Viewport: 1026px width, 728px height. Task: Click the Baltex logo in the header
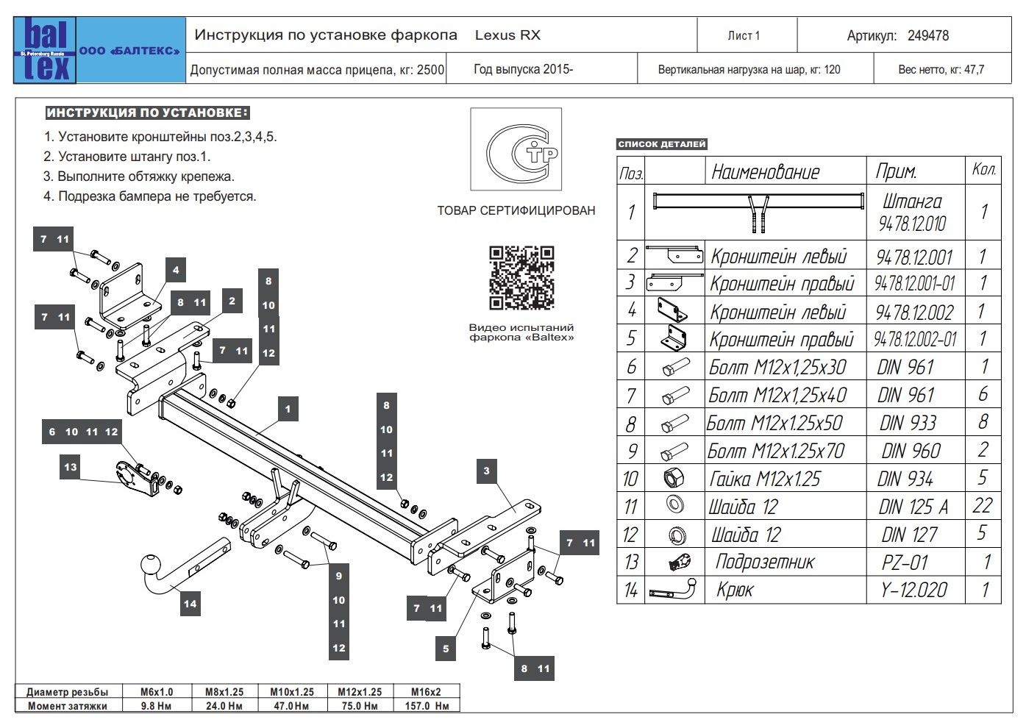pyautogui.click(x=45, y=50)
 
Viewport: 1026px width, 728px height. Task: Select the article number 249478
pyautogui.click(x=928, y=35)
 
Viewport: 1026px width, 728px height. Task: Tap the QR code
pyautogui.click(x=521, y=278)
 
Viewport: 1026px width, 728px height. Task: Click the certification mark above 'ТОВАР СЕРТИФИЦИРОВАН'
pyautogui.click(x=516, y=150)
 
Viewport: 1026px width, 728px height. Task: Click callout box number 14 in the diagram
pyautogui.click(x=190, y=604)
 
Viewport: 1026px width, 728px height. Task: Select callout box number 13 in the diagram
pyautogui.click(x=70, y=467)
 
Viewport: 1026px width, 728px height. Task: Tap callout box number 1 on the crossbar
pyautogui.click(x=288, y=410)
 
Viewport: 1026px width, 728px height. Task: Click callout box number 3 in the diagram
pyautogui.click(x=486, y=471)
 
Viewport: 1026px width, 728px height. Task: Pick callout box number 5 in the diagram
pyautogui.click(x=446, y=649)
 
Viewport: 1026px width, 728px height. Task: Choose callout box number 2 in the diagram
pyautogui.click(x=232, y=300)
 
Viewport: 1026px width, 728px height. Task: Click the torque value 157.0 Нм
pyautogui.click(x=427, y=706)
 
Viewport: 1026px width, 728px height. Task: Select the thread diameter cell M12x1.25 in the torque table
pyautogui.click(x=360, y=692)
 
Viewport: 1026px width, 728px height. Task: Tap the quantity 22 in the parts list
pyautogui.click(x=983, y=506)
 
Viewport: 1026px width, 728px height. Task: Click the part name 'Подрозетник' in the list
pyautogui.click(x=765, y=563)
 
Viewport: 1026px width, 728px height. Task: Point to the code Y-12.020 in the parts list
pyautogui.click(x=914, y=590)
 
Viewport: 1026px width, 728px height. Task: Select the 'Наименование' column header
pyautogui.click(x=765, y=172)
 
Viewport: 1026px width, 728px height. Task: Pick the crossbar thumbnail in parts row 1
pyautogui.click(x=758, y=210)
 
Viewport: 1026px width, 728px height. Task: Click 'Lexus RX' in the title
pyautogui.click(x=507, y=35)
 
